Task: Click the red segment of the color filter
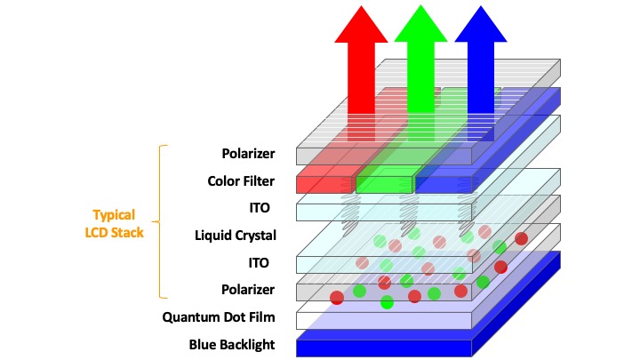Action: point(325,185)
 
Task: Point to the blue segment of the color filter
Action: point(444,185)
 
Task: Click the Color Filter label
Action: point(241,180)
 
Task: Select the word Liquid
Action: point(212,236)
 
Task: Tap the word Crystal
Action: point(255,236)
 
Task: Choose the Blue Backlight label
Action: point(232,345)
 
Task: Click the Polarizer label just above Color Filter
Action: point(248,154)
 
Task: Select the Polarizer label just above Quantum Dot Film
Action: point(248,290)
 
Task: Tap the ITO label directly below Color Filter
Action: point(260,208)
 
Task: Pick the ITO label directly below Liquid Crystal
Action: point(259,263)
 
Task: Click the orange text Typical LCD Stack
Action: point(115,224)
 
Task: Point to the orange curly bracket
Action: point(160,221)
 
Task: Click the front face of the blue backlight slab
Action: point(384,348)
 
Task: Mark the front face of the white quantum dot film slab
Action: point(384,321)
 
